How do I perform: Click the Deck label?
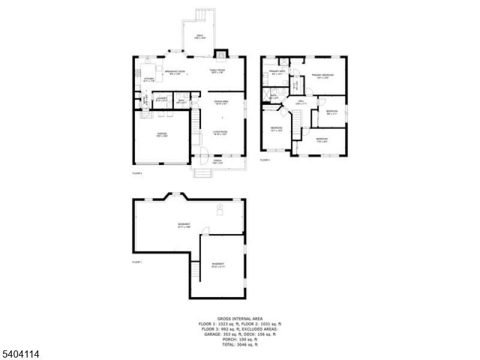coord(200,37)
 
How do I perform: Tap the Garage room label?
coord(162,134)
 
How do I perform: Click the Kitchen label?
coord(149,79)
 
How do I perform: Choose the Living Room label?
coord(220,133)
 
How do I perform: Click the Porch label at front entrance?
coord(218,160)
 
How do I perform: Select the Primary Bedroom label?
coord(322,76)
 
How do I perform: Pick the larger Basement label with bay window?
coord(184,226)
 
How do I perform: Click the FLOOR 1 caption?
coord(137,262)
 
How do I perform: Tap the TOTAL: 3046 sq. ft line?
coord(239,345)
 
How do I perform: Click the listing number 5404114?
coord(20,355)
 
